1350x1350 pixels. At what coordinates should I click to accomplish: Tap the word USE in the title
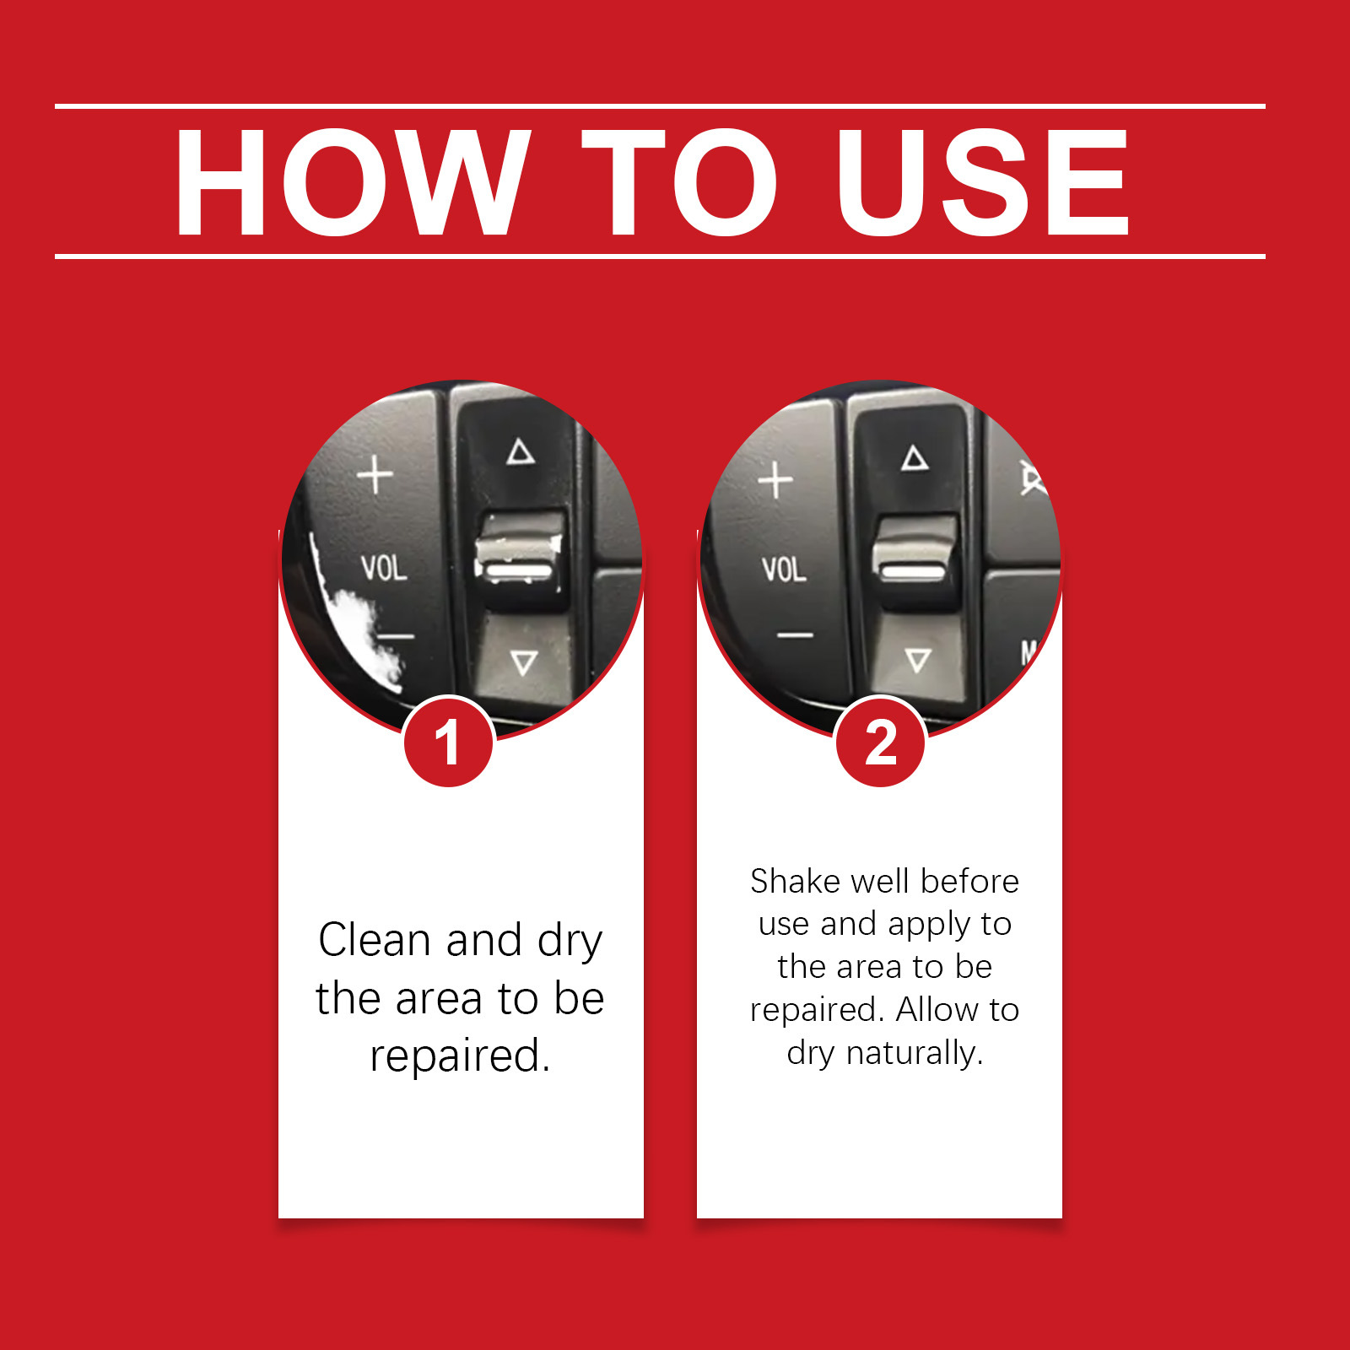983,181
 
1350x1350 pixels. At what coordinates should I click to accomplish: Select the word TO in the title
679,181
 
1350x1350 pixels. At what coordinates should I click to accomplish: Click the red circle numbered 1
448,742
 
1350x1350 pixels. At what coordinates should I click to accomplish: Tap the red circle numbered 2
880,742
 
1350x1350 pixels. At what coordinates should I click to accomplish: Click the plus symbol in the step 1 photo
375,474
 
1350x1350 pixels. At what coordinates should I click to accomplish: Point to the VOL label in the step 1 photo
384,568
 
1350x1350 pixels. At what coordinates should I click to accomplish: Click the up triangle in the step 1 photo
521,452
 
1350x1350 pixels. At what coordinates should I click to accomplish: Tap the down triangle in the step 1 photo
524,662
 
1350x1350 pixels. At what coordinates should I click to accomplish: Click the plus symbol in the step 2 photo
775,481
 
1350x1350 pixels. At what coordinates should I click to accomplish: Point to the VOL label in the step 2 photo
784,570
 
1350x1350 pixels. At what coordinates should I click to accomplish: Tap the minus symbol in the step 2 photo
795,634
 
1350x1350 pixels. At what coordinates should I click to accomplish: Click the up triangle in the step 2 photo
915,458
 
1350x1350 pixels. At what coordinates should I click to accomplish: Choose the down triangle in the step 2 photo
918,660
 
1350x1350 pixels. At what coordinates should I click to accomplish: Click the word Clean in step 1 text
375,940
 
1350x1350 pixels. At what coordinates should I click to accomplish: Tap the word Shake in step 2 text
796,881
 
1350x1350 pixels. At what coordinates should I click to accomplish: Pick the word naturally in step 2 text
915,1054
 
